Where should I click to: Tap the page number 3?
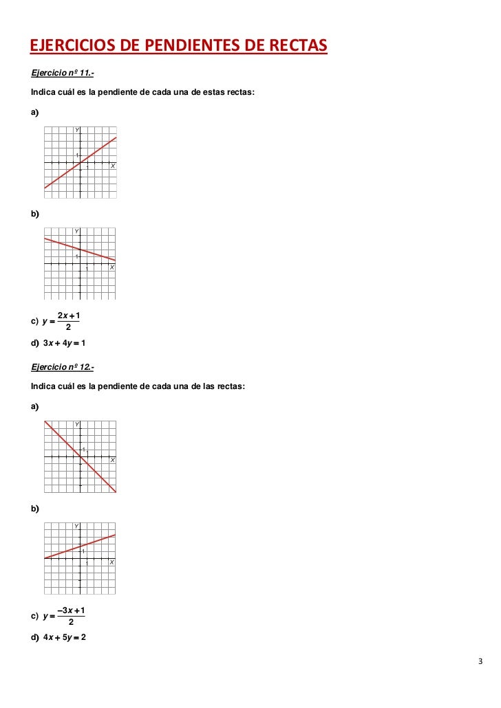point(480,662)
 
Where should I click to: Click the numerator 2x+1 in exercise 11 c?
point(69,316)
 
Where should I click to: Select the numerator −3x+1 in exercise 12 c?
point(72,610)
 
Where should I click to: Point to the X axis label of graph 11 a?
point(113,167)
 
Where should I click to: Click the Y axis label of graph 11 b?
point(77,231)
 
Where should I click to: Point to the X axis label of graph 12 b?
point(112,562)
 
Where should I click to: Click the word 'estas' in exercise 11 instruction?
point(209,91)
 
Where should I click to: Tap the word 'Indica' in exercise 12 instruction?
point(44,386)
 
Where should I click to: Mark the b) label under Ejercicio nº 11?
point(35,214)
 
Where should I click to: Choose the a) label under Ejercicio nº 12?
point(35,406)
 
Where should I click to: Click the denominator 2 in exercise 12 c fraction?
point(72,622)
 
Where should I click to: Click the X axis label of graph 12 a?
point(113,460)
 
